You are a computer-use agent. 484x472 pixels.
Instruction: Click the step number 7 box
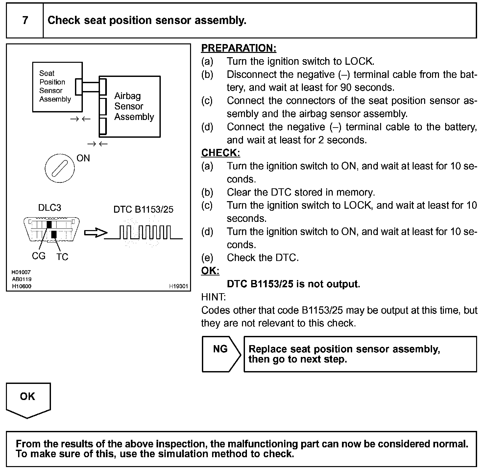pyautogui.click(x=25, y=20)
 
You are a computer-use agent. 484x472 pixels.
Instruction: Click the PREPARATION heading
pyautogui.click(x=238, y=48)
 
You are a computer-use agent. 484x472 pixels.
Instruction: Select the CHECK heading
pyautogui.click(x=220, y=153)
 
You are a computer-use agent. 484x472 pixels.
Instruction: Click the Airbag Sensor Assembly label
pyautogui.click(x=133, y=106)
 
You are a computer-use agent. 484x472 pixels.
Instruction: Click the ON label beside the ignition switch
pyautogui.click(x=83, y=158)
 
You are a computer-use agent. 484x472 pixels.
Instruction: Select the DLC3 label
pyautogui.click(x=50, y=208)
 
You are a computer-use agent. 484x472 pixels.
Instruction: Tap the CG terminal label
pyautogui.click(x=38, y=256)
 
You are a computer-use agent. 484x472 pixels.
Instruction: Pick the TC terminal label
pyautogui.click(x=62, y=257)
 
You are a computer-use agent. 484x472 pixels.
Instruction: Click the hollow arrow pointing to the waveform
pyautogui.click(x=95, y=233)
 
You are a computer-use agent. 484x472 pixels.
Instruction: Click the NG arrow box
pyautogui.click(x=221, y=354)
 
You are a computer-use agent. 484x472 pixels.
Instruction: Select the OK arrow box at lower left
pyautogui.click(x=28, y=399)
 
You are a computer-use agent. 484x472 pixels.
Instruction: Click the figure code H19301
pyautogui.click(x=179, y=286)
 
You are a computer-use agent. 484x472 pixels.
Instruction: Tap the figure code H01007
pyautogui.click(x=21, y=272)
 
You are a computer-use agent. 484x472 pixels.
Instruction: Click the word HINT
pyautogui.click(x=213, y=297)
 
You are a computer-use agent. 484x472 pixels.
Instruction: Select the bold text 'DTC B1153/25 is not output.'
pyautogui.click(x=293, y=284)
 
